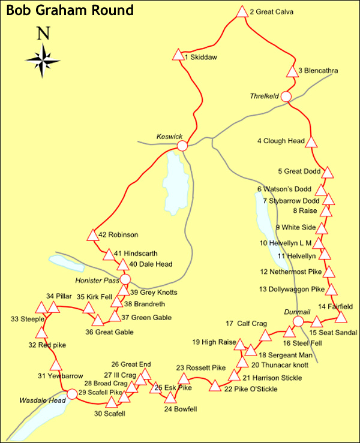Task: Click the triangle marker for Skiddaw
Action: (178, 55)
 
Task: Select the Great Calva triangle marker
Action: (242, 12)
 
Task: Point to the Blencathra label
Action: (317, 71)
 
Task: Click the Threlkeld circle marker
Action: (286, 97)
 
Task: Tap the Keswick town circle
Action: (182, 146)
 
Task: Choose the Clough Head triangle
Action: (311, 142)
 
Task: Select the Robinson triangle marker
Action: (92, 236)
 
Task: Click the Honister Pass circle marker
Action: (125, 279)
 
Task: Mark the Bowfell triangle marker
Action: (171, 397)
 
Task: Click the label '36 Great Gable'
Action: (109, 332)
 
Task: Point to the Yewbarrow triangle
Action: (56, 365)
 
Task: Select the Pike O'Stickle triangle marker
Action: (214, 386)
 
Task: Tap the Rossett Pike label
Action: (201, 367)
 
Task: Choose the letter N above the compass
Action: (42, 33)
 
